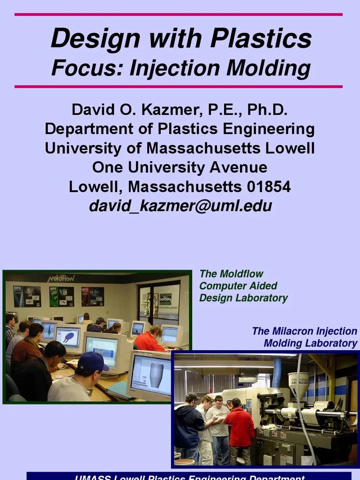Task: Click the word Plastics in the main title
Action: (261, 39)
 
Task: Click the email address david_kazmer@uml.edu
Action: (180, 206)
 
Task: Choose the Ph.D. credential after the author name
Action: (267, 111)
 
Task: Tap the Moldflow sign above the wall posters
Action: (61, 278)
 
